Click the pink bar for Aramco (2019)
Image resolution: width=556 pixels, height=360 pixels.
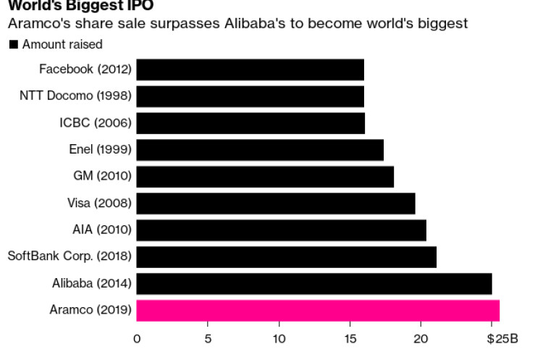click(318, 311)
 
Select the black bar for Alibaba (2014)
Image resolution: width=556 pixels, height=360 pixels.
click(314, 284)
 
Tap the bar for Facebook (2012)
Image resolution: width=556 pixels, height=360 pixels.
click(250, 70)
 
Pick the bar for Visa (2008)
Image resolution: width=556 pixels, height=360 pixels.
click(276, 204)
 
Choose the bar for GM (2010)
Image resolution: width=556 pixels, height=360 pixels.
click(265, 177)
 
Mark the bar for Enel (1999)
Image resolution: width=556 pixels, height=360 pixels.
click(260, 150)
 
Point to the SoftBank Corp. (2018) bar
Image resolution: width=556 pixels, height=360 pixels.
click(286, 257)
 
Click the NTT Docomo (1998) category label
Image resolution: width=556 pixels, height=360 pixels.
click(75, 96)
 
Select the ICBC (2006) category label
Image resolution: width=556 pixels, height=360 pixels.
click(95, 123)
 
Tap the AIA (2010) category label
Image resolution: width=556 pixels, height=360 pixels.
click(101, 230)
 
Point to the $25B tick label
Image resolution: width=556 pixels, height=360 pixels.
click(502, 338)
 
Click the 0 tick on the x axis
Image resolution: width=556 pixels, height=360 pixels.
click(137, 338)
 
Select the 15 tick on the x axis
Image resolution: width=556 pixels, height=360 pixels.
click(350, 338)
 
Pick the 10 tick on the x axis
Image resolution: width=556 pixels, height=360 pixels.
click(279, 338)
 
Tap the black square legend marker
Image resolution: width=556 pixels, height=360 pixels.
click(13, 45)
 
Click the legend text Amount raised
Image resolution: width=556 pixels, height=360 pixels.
click(62, 45)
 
